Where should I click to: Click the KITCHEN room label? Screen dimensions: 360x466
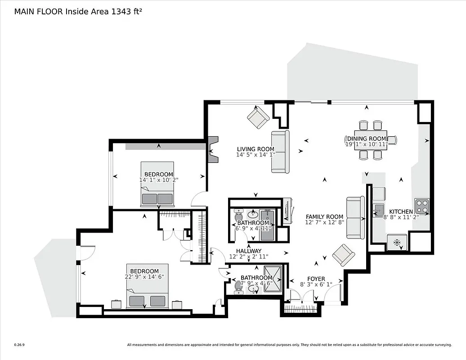(401, 211)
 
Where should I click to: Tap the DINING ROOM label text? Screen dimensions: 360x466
(367, 138)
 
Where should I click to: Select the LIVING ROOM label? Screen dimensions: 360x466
(255, 149)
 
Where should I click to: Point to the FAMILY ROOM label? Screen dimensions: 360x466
(324, 216)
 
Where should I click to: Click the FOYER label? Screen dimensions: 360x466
(316, 279)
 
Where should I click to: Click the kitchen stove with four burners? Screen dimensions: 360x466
(421, 206)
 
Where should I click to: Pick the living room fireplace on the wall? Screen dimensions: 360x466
(213, 149)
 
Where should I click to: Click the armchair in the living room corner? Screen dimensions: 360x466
(258, 118)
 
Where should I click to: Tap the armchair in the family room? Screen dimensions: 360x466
(343, 256)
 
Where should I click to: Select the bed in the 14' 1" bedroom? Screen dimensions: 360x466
(157, 184)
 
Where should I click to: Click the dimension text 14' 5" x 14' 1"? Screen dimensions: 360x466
(255, 155)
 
